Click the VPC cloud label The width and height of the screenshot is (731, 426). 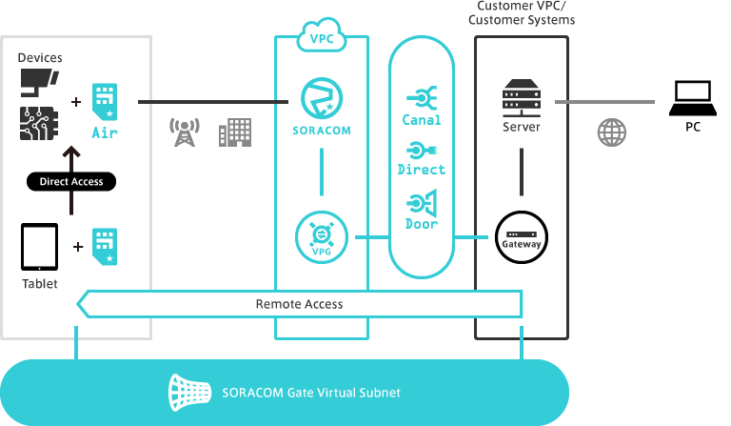[321, 39]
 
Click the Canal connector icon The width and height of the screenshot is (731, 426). [421, 97]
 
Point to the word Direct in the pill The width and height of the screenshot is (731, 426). [421, 170]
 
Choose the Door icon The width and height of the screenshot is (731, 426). [421, 203]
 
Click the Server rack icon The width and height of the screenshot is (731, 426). [521, 99]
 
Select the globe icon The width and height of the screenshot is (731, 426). [611, 132]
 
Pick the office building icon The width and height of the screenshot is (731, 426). [234, 132]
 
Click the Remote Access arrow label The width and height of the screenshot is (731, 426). [299, 304]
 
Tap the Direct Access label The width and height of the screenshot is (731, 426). [71, 181]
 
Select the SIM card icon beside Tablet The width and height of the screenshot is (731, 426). [104, 245]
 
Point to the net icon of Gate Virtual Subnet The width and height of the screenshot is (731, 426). [188, 391]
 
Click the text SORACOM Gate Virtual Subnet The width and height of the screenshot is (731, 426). [310, 392]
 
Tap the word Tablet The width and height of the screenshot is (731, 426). [40, 284]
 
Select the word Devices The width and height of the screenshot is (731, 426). [40, 58]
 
